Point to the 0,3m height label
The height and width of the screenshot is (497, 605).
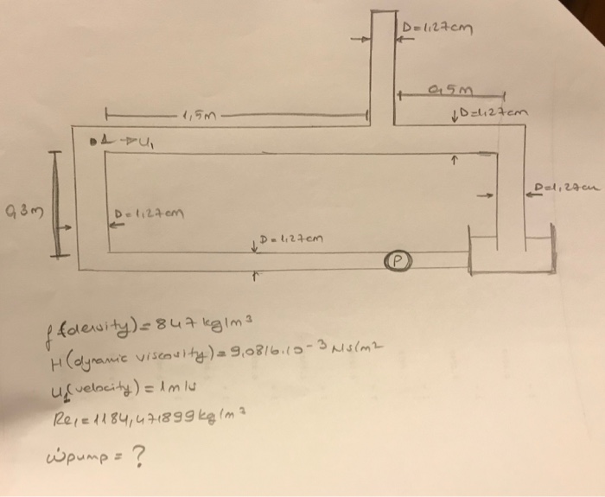[18, 208]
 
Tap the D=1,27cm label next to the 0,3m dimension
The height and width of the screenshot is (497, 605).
[147, 213]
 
